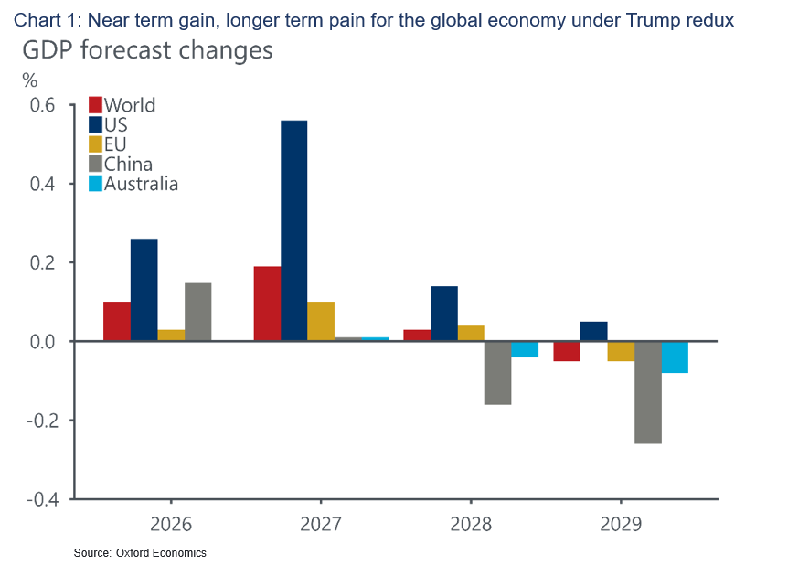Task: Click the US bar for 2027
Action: (x=293, y=230)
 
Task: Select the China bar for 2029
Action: (x=647, y=392)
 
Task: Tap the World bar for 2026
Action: (x=117, y=321)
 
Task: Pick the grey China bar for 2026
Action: (x=198, y=312)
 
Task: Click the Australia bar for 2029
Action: (x=675, y=357)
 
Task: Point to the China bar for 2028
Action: (x=497, y=373)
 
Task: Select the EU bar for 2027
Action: (x=321, y=321)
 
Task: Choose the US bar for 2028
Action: (x=443, y=314)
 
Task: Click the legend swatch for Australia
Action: (x=95, y=184)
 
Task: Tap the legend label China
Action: (x=128, y=165)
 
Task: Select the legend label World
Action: (x=130, y=105)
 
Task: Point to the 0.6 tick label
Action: (x=42, y=105)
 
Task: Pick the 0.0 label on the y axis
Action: (x=42, y=342)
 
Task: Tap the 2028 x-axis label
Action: (x=471, y=525)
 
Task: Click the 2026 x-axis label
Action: (x=171, y=525)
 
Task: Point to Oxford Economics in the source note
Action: (x=161, y=553)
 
